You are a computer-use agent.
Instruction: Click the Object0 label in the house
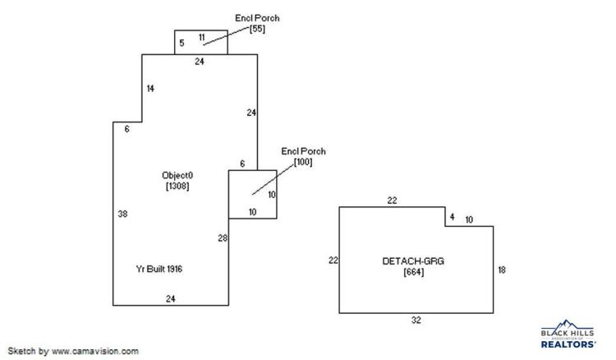[177, 175]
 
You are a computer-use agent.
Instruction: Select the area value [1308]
[177, 186]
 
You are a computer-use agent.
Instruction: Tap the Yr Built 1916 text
[159, 269]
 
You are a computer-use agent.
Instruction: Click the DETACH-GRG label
[413, 261]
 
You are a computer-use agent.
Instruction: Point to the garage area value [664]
[414, 271]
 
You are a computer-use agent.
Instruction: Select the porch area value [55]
[257, 29]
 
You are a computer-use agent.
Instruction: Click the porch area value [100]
[303, 162]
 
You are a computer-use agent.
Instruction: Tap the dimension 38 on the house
[122, 214]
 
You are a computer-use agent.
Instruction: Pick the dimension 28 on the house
[223, 238]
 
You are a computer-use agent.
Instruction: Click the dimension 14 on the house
[150, 89]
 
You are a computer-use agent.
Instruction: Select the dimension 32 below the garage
[416, 321]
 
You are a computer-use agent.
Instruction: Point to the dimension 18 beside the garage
[502, 270]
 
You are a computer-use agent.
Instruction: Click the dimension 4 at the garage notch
[453, 217]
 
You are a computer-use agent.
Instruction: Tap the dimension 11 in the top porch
[201, 37]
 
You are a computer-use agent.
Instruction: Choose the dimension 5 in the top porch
[182, 43]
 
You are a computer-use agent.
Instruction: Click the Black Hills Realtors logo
[568, 334]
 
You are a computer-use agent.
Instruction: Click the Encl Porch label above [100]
[303, 151]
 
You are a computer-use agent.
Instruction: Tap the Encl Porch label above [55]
[257, 18]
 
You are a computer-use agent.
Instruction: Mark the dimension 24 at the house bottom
[171, 299]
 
